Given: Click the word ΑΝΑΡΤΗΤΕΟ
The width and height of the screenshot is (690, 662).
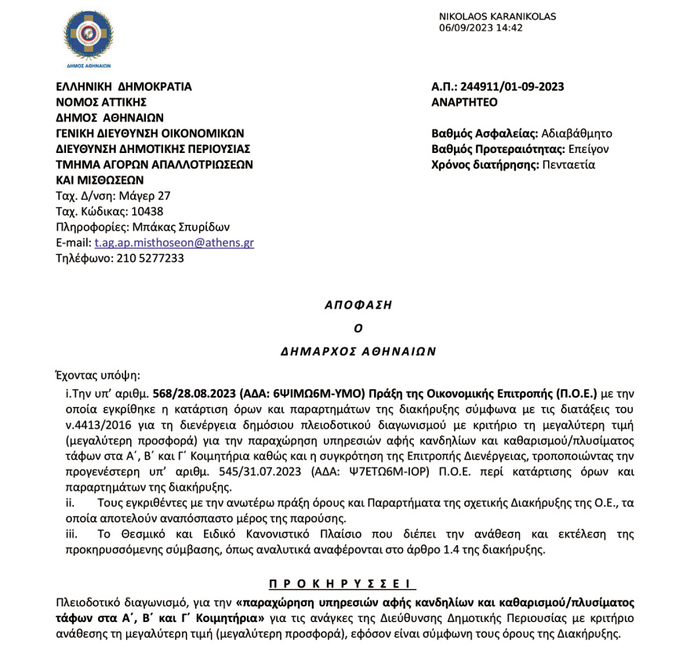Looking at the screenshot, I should click(x=464, y=102).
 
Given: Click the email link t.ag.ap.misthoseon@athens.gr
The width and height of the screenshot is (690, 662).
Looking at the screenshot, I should click(x=174, y=242).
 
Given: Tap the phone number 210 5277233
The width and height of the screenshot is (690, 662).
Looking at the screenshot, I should click(x=150, y=257).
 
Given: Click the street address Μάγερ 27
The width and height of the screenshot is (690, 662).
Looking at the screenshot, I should click(x=144, y=195).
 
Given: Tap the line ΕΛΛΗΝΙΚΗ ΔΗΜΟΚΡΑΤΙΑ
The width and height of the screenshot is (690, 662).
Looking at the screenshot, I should click(x=123, y=87).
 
